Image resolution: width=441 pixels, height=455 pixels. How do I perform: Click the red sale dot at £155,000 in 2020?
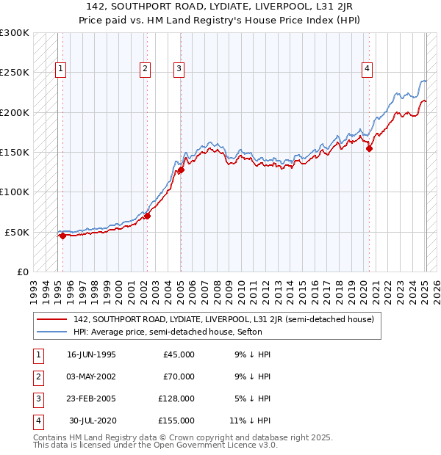coord(370,148)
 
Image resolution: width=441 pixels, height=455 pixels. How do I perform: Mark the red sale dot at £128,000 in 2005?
coord(181,170)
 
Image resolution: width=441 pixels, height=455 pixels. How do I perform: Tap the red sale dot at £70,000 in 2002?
coord(147,216)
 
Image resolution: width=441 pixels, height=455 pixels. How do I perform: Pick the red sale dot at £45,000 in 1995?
coord(62,236)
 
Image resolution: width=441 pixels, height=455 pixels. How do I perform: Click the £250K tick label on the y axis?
coord(15,73)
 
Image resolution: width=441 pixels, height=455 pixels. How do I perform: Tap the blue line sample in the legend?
coord(51,331)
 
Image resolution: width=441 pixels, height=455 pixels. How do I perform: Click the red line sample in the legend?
coord(51,319)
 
